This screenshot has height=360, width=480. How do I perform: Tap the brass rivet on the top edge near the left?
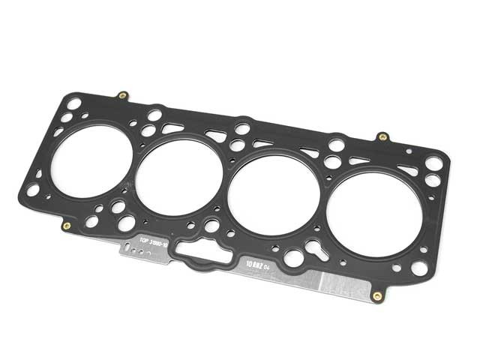pos(122,96)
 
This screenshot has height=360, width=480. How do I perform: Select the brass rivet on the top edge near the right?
pos(382,137)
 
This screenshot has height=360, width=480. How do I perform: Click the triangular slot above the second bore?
pos(217,136)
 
